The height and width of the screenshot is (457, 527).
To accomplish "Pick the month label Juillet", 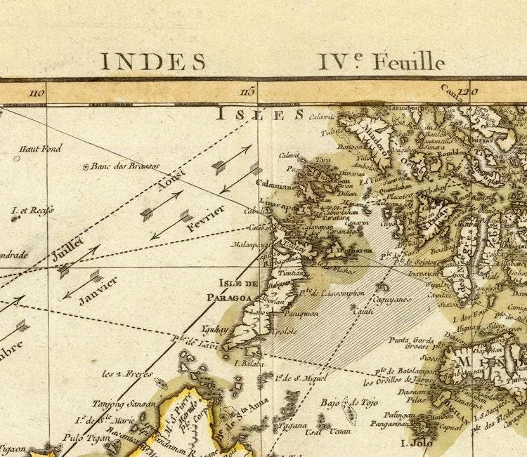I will [68, 249].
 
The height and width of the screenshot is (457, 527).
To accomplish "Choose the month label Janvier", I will [98, 289].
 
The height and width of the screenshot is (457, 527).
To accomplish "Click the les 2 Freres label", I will [127, 373].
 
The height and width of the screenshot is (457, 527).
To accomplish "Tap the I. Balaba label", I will [248, 364].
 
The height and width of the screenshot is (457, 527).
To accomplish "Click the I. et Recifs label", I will [24, 209].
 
